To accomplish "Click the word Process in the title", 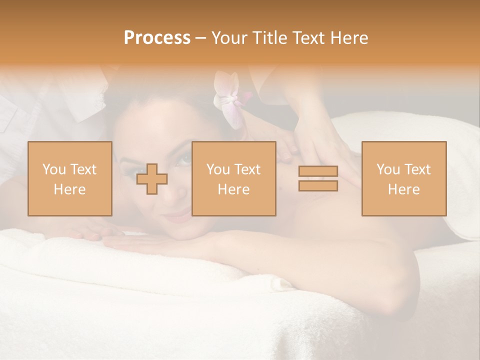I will pos(157,38).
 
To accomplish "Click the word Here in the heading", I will pos(348,38).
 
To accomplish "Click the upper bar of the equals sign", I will pos(318,171).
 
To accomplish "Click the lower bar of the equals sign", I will pos(318,185).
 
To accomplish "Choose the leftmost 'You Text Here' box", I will pos(69,178).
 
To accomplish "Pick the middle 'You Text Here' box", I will pos(233,178).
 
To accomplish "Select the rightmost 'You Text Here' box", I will pos(403,178).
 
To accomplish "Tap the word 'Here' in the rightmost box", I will pos(403,189).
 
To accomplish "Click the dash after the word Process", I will pos(200,38).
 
